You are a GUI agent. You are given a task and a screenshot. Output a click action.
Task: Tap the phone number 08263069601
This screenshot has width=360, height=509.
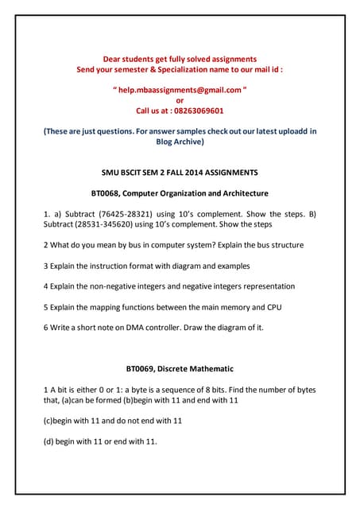(x=194, y=111)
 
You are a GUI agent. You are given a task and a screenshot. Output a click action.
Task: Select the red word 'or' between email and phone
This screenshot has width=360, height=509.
(x=180, y=101)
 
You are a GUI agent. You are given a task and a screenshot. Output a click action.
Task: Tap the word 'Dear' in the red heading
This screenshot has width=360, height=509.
(x=116, y=59)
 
